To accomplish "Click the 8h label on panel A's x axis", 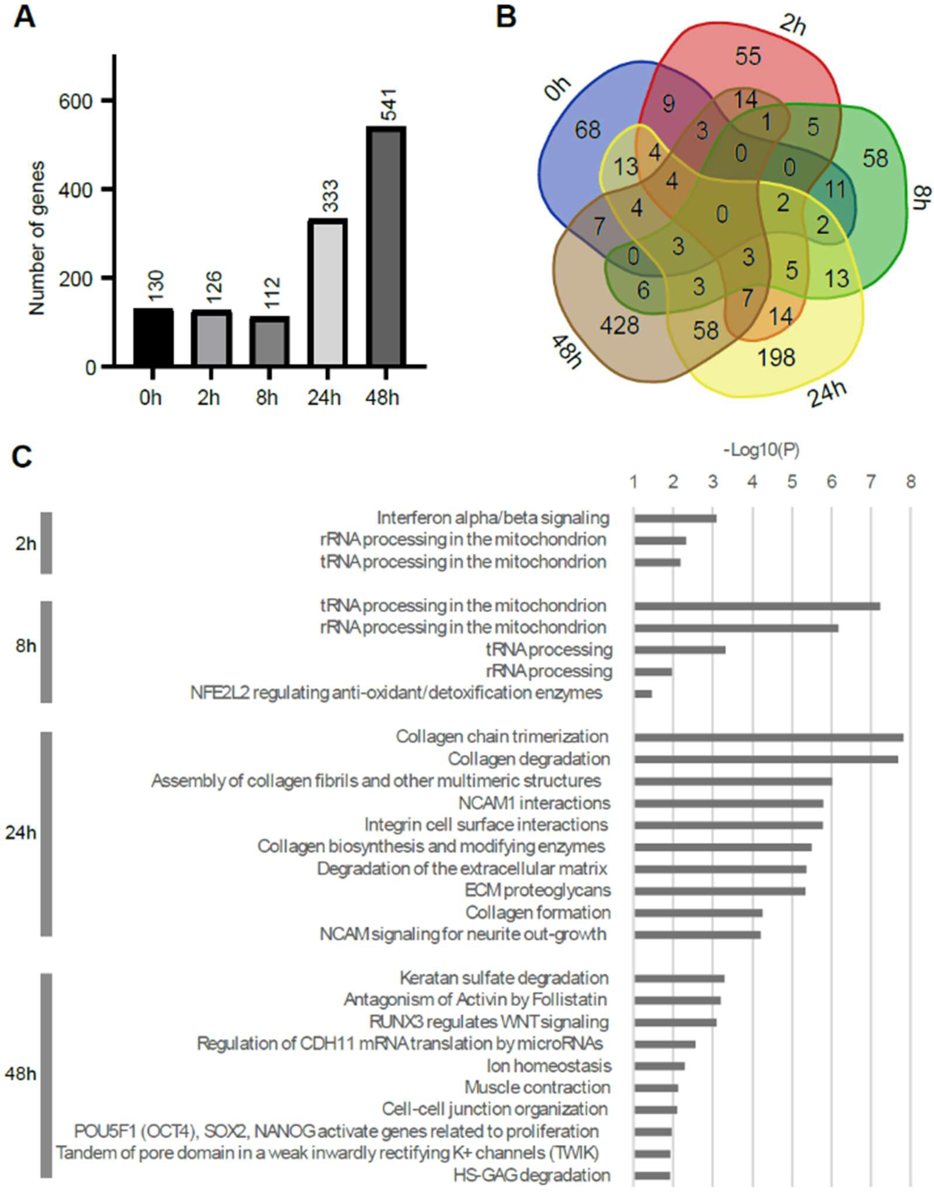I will pyautogui.click(x=266, y=397).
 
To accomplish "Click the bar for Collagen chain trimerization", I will pyautogui.click(x=768, y=737).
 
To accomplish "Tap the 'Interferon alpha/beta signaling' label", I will pyautogui.click(x=493, y=517).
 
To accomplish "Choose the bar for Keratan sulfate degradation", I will pyautogui.click(x=679, y=978).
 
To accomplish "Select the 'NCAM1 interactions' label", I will pyautogui.click(x=534, y=803).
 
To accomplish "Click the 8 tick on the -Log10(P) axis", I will pyautogui.click(x=910, y=482).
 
